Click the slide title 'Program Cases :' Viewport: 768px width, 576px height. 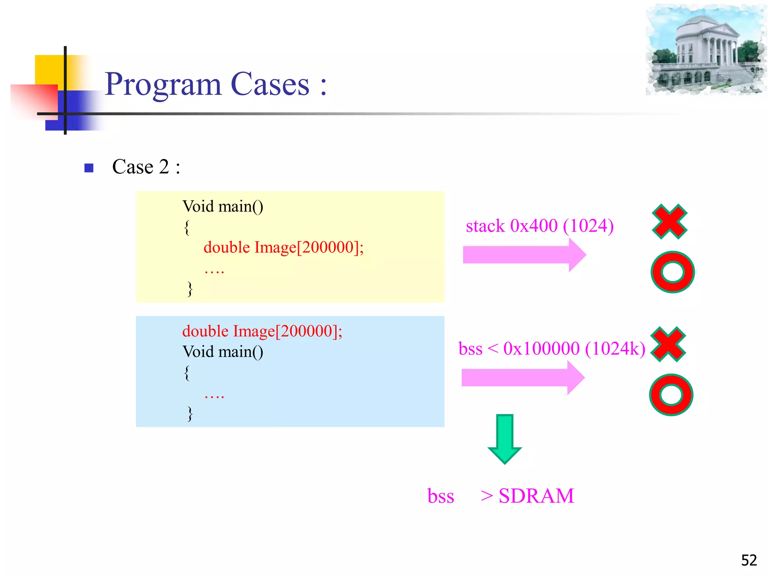[x=216, y=84]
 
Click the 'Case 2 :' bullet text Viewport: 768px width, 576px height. [x=146, y=167]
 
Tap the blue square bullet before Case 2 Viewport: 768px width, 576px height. [x=89, y=168]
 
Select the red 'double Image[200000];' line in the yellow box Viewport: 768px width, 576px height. [x=283, y=247]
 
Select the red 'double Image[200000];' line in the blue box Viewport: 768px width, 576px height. [x=262, y=331]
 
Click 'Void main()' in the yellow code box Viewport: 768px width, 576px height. [x=223, y=207]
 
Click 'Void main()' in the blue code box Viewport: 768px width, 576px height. [x=223, y=352]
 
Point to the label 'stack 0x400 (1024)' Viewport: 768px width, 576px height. [x=539, y=226]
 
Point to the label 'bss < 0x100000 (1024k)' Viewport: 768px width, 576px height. [x=552, y=349]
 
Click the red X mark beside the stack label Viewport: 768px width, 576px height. [x=669, y=222]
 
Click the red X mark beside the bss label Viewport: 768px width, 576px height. [x=668, y=344]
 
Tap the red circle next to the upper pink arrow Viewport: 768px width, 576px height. [x=672, y=272]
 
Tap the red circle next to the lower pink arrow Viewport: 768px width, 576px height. [x=671, y=394]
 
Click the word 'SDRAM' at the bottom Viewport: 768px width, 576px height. [x=536, y=496]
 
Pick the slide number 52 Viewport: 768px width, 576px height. [x=749, y=560]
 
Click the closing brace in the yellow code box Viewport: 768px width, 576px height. [x=190, y=289]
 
